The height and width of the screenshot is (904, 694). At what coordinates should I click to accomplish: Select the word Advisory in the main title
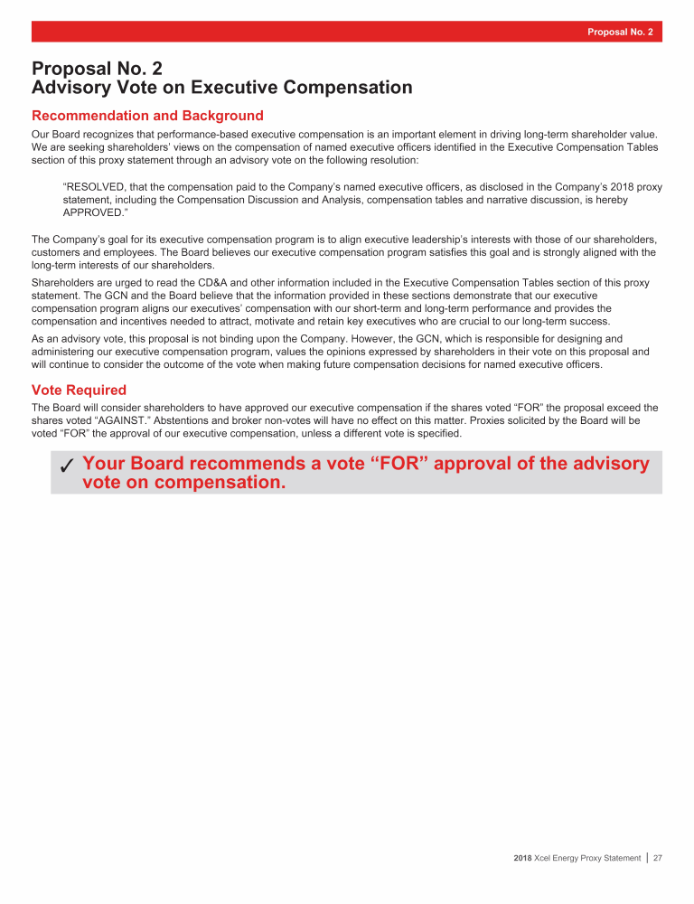(x=76, y=88)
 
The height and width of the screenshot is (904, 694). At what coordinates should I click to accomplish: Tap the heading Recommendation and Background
(x=147, y=116)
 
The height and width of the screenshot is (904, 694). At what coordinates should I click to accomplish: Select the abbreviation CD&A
(x=189, y=283)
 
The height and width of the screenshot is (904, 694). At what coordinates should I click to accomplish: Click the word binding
(x=238, y=339)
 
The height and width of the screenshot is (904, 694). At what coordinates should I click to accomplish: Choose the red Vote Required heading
(x=79, y=390)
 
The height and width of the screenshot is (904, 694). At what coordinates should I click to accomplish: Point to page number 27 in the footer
(x=658, y=858)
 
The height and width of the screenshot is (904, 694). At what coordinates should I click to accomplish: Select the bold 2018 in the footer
(x=523, y=858)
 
